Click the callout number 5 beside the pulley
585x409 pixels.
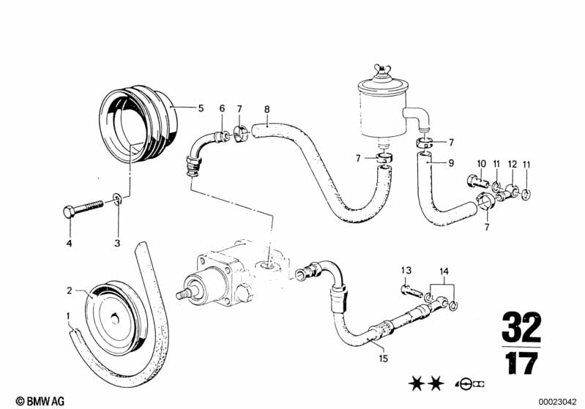click(x=201, y=108)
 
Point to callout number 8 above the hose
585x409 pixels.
click(x=267, y=109)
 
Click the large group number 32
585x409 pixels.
click(x=521, y=327)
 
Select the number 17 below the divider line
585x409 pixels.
click(x=521, y=363)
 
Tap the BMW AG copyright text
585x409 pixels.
click(x=40, y=401)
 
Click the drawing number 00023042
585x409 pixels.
click(x=557, y=402)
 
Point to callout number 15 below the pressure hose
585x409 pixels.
click(x=383, y=359)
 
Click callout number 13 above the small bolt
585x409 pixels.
click(x=406, y=270)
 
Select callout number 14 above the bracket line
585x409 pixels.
click(x=444, y=271)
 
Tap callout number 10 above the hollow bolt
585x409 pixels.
click(x=481, y=164)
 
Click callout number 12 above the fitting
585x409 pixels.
click(x=513, y=164)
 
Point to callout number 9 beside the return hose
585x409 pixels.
click(x=451, y=163)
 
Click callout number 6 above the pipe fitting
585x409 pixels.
click(x=222, y=108)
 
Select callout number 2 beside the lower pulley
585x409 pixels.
click(x=69, y=290)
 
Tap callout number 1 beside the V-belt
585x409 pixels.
click(x=68, y=316)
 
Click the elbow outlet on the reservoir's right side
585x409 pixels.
click(x=419, y=116)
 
